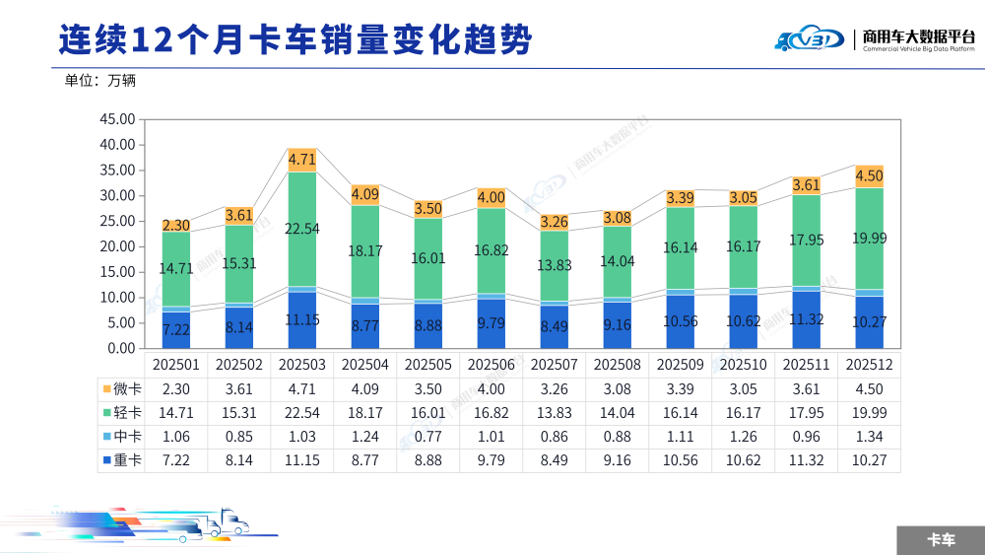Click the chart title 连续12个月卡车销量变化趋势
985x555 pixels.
point(295,40)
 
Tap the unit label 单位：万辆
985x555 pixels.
point(99,81)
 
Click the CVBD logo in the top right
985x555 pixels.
point(810,38)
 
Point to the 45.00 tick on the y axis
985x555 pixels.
point(117,119)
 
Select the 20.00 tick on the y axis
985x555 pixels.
point(117,246)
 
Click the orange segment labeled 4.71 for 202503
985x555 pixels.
point(302,161)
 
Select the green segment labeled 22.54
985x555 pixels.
point(302,230)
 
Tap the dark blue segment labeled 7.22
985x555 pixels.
point(176,330)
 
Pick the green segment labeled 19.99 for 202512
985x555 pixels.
point(870,239)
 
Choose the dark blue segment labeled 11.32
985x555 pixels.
point(806,320)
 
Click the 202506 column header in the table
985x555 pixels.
point(492,365)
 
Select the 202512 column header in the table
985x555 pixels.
point(870,365)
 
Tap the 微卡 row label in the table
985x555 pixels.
point(122,389)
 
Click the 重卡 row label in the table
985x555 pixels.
point(122,460)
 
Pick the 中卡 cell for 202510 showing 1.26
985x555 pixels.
point(743,437)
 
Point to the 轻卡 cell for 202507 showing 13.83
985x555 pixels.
point(554,413)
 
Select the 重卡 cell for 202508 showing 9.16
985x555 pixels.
point(617,460)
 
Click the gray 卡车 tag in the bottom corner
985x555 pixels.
point(941,540)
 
